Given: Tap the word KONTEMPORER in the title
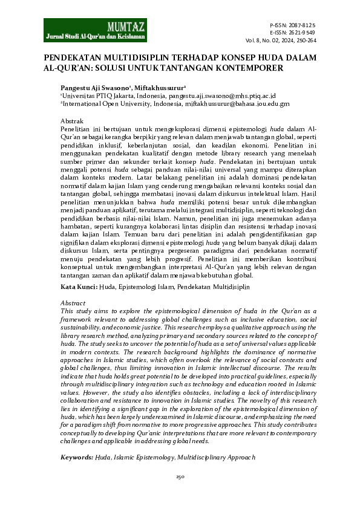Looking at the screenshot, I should (244, 68).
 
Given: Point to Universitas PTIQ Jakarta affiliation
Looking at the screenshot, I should (97, 95).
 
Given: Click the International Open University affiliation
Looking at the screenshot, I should (106, 103).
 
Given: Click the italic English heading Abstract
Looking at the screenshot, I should (73, 302).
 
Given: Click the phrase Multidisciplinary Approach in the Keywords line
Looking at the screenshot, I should (217, 458).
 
